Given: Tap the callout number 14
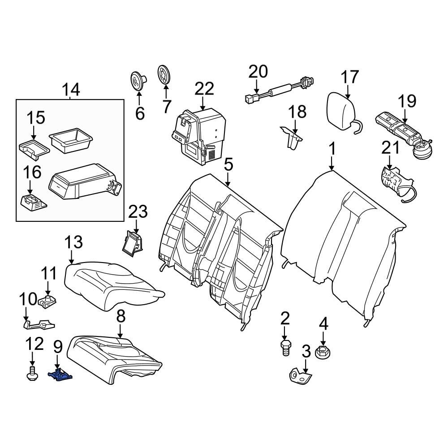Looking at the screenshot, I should point(70,90).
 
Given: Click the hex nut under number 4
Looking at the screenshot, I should point(323,352).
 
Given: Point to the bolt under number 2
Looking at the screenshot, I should point(285,347).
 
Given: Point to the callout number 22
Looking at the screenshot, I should point(204,89).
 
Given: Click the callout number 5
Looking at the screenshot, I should point(228,165).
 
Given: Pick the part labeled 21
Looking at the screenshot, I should point(394,181).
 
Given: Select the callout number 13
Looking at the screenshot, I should point(73,242).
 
